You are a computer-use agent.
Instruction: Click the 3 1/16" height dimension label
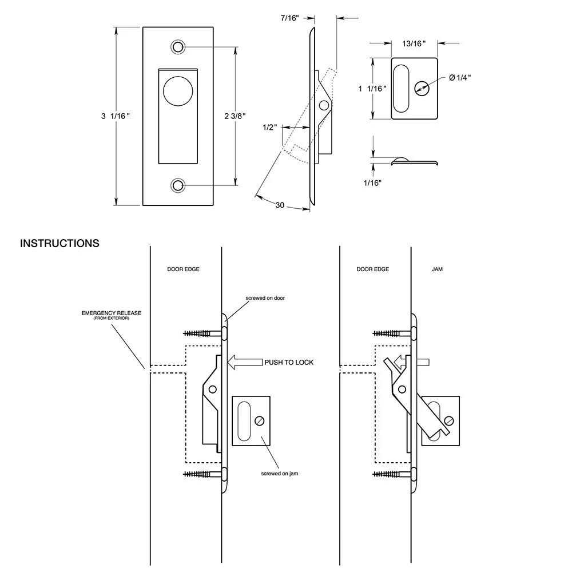(116, 116)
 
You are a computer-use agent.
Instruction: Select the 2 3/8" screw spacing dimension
(235, 116)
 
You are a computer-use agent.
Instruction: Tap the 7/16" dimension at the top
(290, 18)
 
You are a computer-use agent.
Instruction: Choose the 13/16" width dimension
(414, 42)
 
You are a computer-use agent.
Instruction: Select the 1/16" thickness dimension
(372, 182)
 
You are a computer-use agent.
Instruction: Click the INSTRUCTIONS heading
(59, 243)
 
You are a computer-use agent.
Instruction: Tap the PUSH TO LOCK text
(288, 362)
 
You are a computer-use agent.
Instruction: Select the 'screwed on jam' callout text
(280, 474)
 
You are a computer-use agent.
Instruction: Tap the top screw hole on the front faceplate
(178, 46)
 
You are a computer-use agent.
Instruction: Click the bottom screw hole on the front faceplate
(178, 185)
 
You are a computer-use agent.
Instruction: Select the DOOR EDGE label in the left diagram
(183, 269)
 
